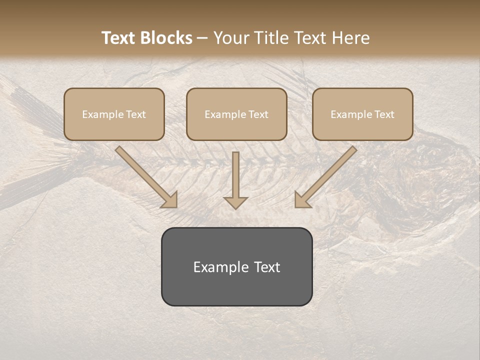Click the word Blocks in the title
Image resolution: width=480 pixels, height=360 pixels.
(166, 38)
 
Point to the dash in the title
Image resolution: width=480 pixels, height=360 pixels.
(202, 38)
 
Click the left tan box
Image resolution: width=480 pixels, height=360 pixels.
(114, 114)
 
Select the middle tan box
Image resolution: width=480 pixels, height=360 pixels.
(236, 114)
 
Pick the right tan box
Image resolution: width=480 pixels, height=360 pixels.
(362, 114)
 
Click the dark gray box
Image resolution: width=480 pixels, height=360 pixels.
(236, 266)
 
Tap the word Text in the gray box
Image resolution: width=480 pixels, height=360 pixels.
(267, 267)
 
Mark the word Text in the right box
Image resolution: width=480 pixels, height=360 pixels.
(384, 114)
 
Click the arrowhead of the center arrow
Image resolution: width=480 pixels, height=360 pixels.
(235, 202)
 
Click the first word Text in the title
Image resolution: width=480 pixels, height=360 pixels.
(120, 38)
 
